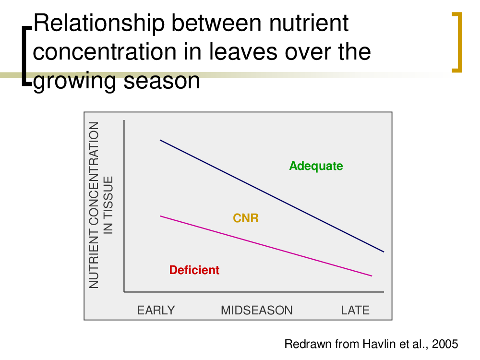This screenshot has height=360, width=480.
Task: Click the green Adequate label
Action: click(316, 166)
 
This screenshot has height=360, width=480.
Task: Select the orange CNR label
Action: click(246, 218)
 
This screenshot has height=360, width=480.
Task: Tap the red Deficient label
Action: click(194, 270)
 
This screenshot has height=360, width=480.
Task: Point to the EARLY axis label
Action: click(156, 311)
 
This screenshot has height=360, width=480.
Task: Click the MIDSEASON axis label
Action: click(256, 311)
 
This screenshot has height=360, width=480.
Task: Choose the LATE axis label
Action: click(355, 311)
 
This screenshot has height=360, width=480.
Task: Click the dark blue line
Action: click(272, 196)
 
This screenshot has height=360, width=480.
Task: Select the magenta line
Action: click(266, 246)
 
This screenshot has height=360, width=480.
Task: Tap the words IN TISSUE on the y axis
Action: click(108, 205)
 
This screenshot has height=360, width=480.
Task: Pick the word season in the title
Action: click(162, 81)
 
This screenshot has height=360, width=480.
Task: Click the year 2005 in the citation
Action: click(445, 344)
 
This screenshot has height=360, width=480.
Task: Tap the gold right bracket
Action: click(457, 42)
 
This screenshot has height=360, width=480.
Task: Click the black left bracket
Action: click(26, 56)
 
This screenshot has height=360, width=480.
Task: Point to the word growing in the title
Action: click(74, 82)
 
